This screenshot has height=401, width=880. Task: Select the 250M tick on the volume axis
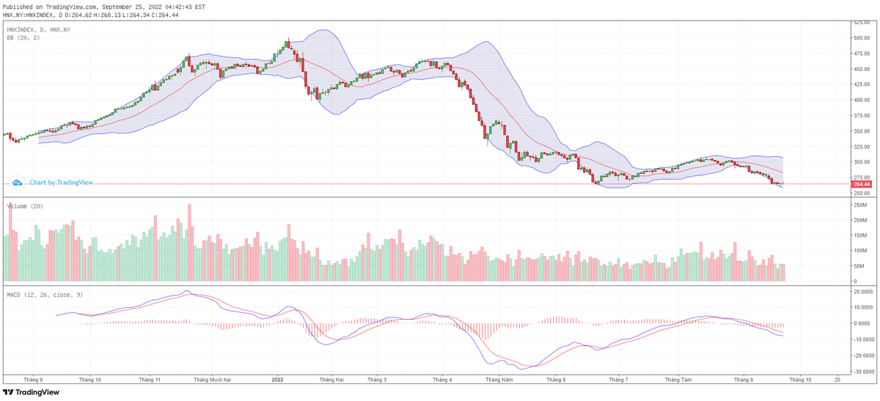pos(857,206)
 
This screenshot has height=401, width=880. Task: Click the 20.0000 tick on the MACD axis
pos(860,291)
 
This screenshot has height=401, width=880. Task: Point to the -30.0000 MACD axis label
pos(860,371)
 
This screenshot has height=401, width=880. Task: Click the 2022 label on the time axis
pos(277,380)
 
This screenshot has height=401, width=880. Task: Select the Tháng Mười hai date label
pos(213,380)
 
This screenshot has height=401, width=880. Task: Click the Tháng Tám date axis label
pos(678,380)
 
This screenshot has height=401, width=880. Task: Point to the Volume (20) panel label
pos(25,206)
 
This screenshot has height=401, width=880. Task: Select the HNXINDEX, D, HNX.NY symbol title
pos(40,29)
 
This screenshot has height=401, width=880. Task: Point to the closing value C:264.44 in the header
pos(169,14)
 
